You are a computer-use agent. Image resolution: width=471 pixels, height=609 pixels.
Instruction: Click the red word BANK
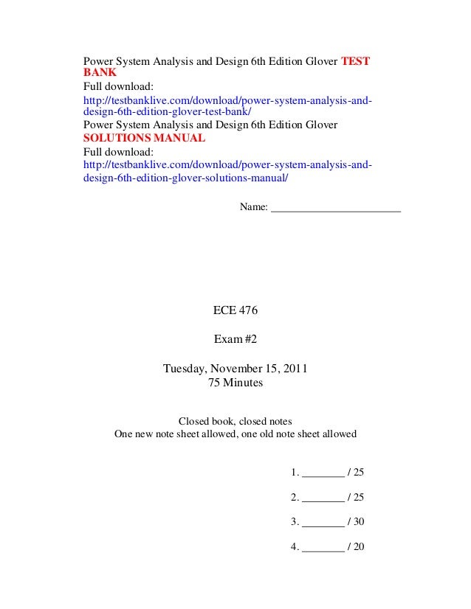point(95,73)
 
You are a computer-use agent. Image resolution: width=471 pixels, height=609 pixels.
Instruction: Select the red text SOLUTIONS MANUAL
point(143,139)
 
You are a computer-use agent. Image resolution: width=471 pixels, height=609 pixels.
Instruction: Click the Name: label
point(255,208)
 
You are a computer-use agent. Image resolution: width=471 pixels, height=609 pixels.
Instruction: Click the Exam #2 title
point(235,340)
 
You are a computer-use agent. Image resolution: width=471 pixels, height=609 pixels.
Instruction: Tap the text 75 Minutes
point(235,383)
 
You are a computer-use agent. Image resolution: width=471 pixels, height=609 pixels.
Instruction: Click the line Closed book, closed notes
point(235,422)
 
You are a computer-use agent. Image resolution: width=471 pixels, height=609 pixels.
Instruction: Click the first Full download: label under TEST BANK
point(117,86)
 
